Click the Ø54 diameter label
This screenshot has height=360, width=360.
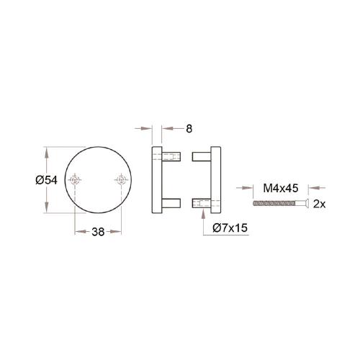(45, 181)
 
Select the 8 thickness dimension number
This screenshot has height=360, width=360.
(189, 129)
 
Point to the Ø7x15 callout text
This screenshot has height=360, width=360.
(231, 228)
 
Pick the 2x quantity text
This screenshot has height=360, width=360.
(320, 204)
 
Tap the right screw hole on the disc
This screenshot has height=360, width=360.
(120, 180)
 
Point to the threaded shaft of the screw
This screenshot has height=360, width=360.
(278, 204)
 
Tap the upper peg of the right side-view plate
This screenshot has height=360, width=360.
(199, 158)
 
